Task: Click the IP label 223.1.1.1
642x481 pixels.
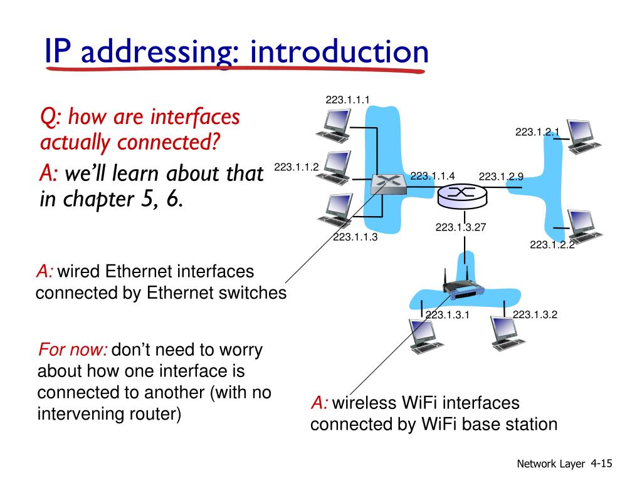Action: click(347, 100)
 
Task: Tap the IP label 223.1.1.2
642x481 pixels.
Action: click(297, 167)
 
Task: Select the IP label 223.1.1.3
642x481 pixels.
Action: click(355, 237)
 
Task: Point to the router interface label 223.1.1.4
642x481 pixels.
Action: click(433, 176)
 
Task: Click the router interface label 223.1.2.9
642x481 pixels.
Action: click(501, 176)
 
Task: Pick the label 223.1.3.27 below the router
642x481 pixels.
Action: click(461, 227)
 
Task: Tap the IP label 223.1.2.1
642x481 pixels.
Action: click(537, 132)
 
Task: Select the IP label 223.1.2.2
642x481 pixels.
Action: click(552, 245)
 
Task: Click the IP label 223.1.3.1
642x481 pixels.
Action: click(447, 314)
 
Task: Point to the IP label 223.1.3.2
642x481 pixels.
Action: click(535, 314)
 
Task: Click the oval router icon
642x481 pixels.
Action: click(462, 195)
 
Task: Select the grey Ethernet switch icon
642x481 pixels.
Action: click(389, 185)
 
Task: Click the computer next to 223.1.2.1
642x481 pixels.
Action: click(584, 137)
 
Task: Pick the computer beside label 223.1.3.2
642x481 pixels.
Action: click(507, 333)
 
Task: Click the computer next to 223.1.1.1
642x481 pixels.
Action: click(334, 125)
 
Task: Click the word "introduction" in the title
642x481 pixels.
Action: click(339, 52)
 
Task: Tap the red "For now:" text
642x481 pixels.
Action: click(73, 349)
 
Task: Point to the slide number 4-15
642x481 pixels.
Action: click(601, 463)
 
